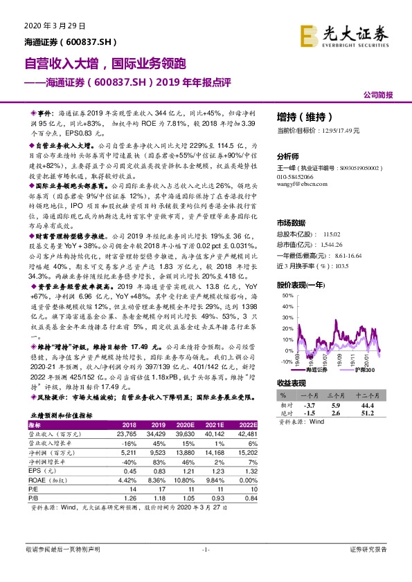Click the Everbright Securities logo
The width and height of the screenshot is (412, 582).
(x=345, y=32)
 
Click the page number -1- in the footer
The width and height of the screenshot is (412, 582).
(x=205, y=549)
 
